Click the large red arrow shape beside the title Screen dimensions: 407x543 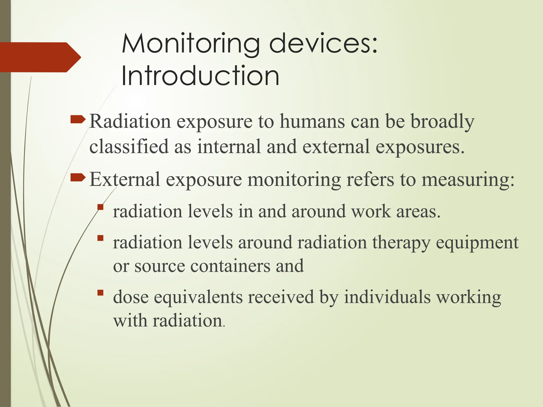pyautogui.click(x=40, y=57)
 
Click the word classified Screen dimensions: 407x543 pyautogui.click(x=129, y=147)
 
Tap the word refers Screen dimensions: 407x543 pyautogui.click(x=370, y=179)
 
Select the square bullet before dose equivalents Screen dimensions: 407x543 pyautogui.click(x=100, y=293)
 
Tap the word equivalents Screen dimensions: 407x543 pyautogui.click(x=198, y=297)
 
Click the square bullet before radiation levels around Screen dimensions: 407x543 pyautogui.click(x=100, y=238)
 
